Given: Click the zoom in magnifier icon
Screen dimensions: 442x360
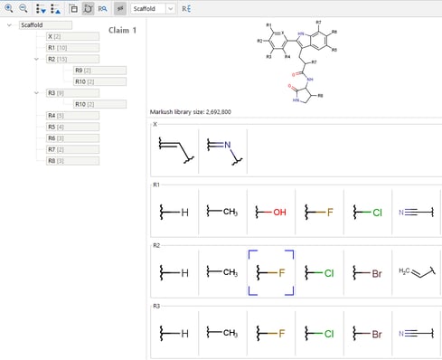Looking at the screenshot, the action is coord(9,8).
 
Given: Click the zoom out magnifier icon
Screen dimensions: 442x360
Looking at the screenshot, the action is coord(24,8).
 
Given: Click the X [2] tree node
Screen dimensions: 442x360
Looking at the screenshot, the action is coord(54,35).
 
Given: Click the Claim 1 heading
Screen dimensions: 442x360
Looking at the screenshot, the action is coord(121,30).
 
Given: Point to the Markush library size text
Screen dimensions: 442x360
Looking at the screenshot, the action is coord(191,111).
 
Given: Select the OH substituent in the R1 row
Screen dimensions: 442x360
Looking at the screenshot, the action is coord(270,212).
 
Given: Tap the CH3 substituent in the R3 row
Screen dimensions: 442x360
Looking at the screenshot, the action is coord(222,333).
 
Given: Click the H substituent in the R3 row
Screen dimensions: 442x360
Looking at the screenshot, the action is coord(174,333).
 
